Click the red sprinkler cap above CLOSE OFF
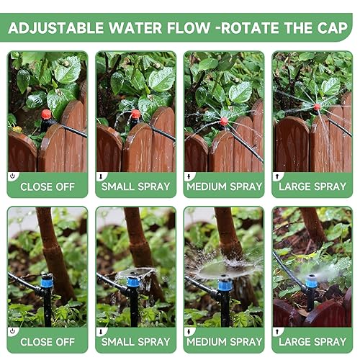point(46,114)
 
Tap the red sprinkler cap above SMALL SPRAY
point(135,114)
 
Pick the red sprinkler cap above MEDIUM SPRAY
point(224,121)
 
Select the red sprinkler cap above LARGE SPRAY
point(316,107)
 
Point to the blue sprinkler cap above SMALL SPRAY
point(133,283)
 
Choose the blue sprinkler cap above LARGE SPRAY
point(311,280)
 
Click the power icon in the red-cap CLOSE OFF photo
point(12,176)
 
